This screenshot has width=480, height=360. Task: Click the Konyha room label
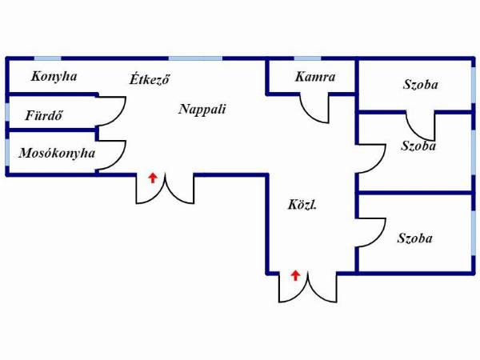[x=54, y=77]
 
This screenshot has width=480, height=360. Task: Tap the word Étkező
[x=150, y=79]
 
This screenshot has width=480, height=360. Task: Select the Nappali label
[x=202, y=109]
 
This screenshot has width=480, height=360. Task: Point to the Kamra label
[x=315, y=77]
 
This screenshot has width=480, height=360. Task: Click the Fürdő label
[x=44, y=115]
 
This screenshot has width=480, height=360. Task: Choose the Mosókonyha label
[x=57, y=153]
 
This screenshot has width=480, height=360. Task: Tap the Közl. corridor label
[x=302, y=205]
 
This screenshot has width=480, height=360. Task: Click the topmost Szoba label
[x=420, y=85]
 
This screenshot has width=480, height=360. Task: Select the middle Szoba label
[x=418, y=146]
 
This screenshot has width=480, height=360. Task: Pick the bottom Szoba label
[x=414, y=238]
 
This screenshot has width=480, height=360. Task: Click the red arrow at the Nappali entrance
[x=153, y=178]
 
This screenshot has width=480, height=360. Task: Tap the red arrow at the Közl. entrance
[x=295, y=275]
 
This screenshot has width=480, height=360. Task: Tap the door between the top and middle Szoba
[x=414, y=133]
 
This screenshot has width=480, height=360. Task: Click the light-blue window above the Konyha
[x=47, y=58]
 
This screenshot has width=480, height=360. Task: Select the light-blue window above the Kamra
[x=307, y=58]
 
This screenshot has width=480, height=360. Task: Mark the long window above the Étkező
[x=195, y=58]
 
